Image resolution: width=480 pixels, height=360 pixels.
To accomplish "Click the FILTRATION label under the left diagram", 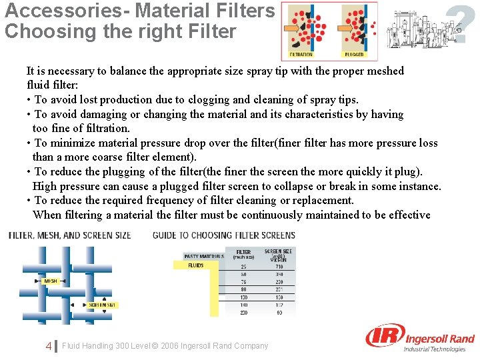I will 301,55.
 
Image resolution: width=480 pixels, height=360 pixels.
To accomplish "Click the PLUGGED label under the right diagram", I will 353,55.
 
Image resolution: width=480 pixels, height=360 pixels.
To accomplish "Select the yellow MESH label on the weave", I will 50,281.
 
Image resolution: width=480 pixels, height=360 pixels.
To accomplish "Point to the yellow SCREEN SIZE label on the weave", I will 103,305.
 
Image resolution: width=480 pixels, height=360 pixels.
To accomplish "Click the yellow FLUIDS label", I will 196,265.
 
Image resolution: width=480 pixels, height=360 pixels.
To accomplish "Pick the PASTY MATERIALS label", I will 204,256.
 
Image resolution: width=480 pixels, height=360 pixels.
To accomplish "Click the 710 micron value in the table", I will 278,267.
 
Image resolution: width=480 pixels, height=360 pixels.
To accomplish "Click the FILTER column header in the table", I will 243,252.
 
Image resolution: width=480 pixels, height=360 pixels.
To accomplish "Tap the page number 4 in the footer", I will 49,346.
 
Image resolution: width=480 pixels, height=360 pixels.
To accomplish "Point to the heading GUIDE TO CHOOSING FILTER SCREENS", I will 223,235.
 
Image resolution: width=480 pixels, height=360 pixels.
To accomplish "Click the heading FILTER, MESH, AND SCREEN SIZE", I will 69,235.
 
